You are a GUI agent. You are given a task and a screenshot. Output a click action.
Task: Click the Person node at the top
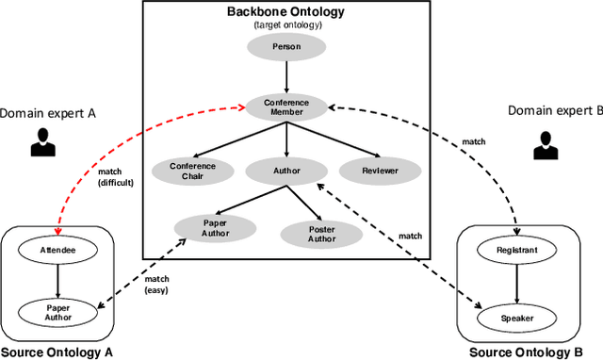tap(285, 46)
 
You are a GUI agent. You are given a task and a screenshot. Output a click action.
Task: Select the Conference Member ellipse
tap(285, 107)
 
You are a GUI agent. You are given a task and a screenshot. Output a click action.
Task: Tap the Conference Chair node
tap(192, 171)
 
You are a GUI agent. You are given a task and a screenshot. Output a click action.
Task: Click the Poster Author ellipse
tap(308, 233)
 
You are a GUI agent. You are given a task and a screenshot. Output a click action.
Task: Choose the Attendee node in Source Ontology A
tap(57, 251)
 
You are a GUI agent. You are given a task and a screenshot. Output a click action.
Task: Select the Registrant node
tap(516, 251)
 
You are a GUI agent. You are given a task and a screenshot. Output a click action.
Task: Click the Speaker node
tap(516, 318)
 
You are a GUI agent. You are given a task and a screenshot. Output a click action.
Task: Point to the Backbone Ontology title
tap(285, 11)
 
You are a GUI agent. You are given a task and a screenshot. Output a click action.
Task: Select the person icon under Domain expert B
tap(545, 144)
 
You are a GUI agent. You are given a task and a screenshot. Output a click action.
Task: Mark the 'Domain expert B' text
tap(555, 110)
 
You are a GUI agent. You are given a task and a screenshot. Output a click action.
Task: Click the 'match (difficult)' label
tap(117, 177)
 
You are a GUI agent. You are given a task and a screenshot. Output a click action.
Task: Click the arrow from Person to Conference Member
tap(285, 75)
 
